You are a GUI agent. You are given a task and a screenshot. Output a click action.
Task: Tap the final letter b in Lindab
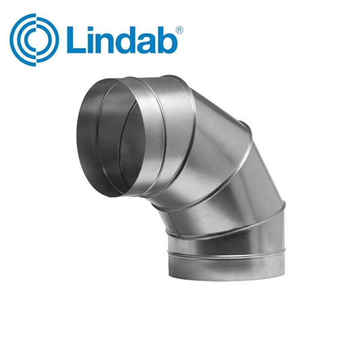(171, 40)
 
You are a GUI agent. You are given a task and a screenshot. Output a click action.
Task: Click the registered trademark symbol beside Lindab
(179, 29)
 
